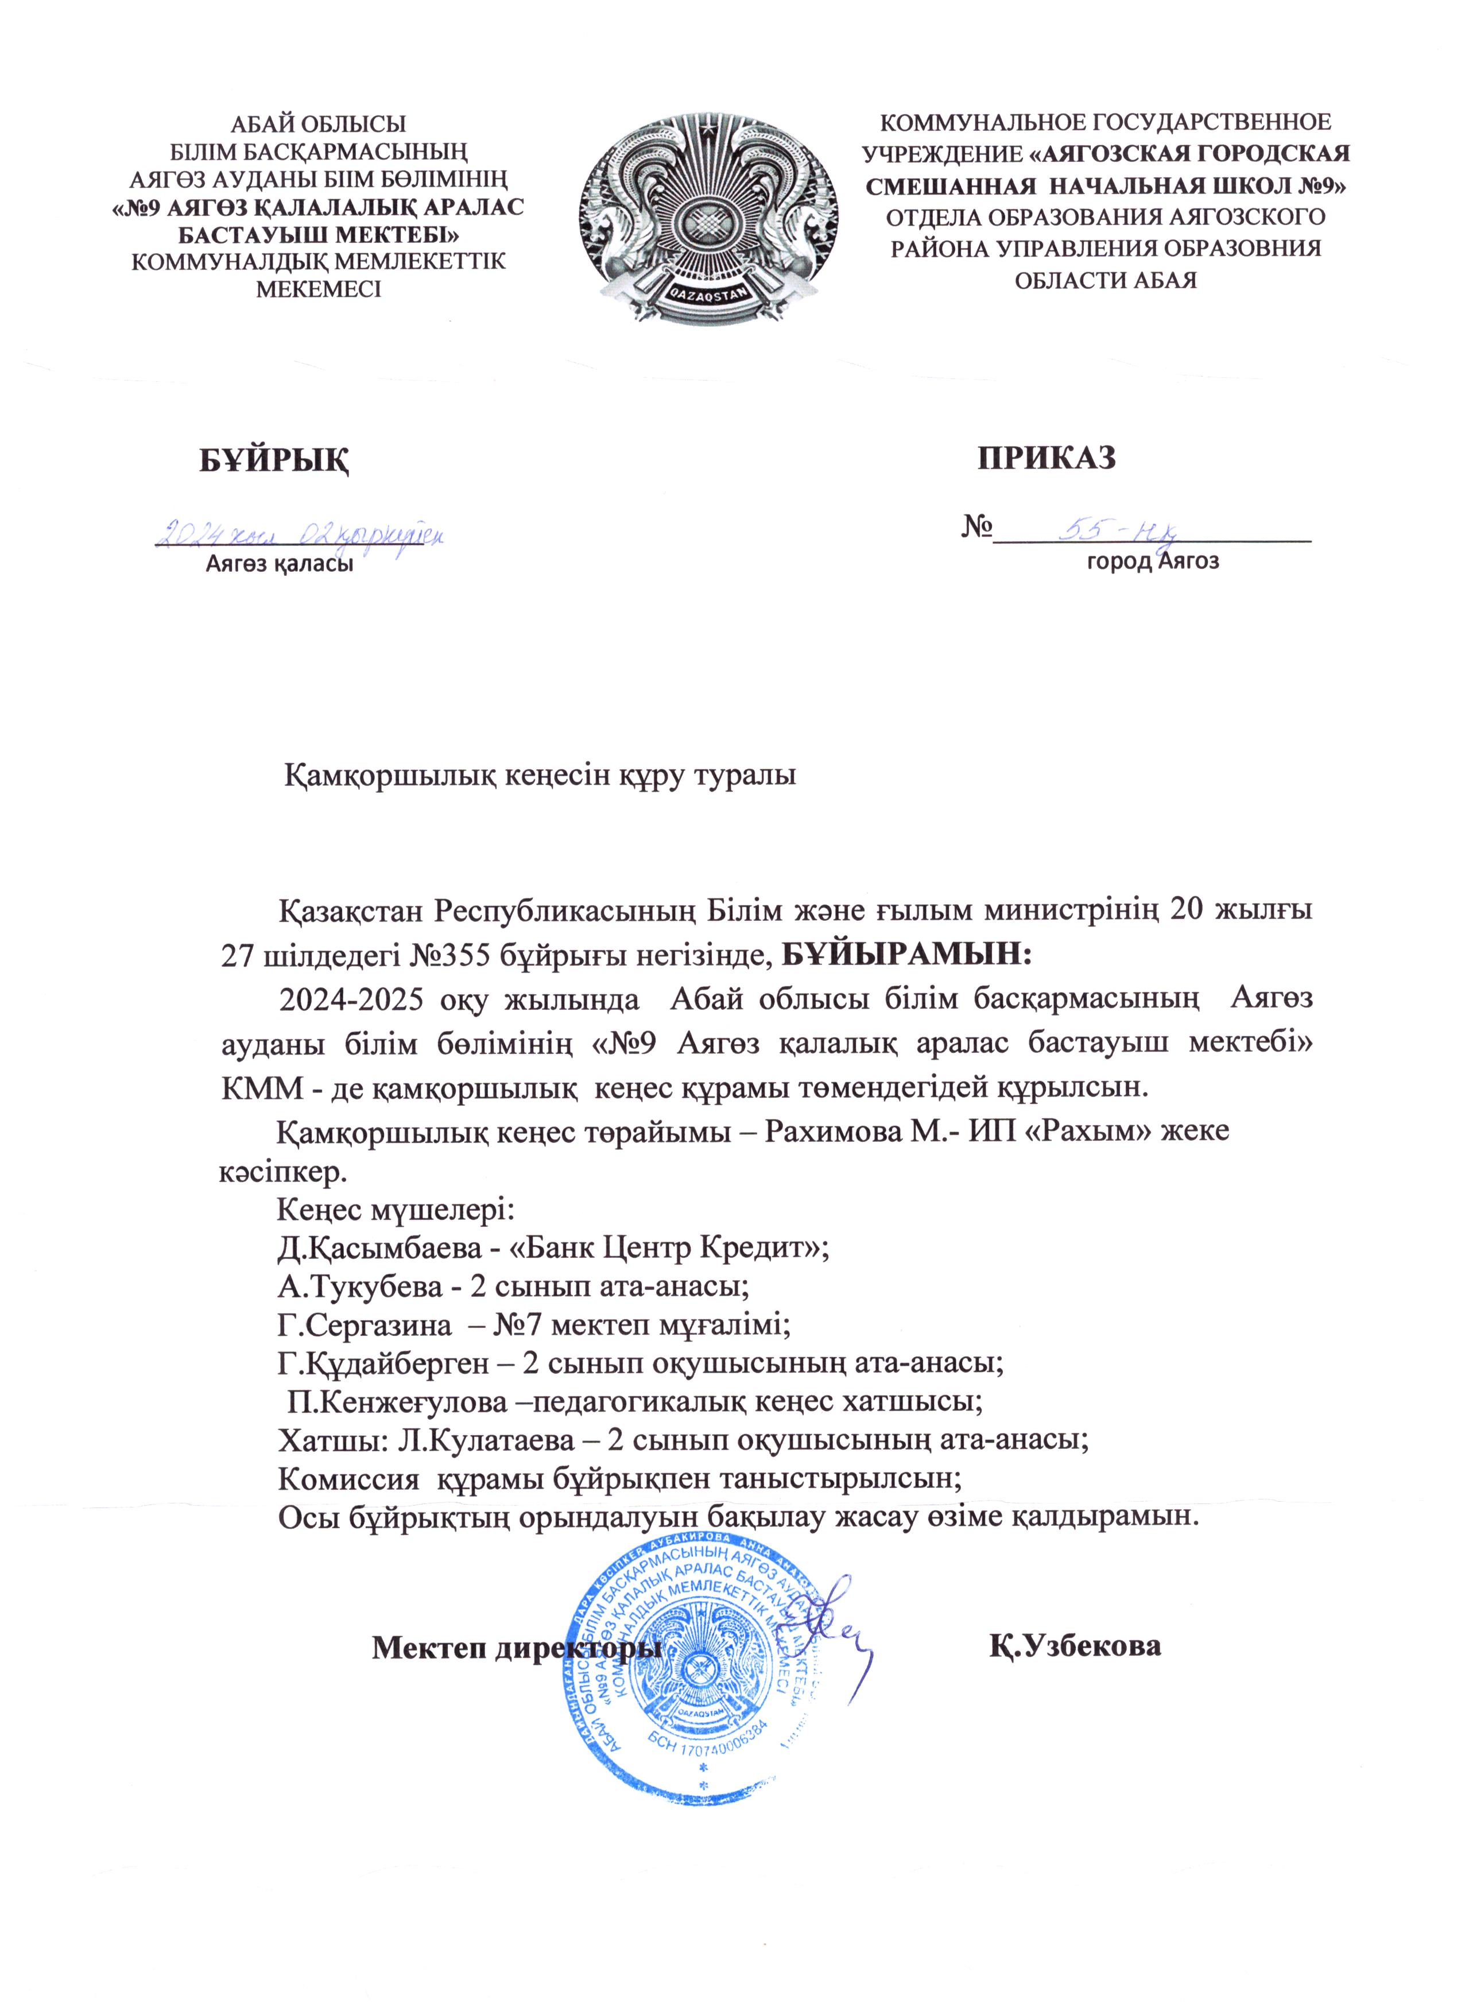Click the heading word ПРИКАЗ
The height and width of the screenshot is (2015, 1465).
[x=1047, y=456]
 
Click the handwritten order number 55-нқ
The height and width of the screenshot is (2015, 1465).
[x=1121, y=531]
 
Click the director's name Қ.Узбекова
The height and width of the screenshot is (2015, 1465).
[x=1076, y=1645]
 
